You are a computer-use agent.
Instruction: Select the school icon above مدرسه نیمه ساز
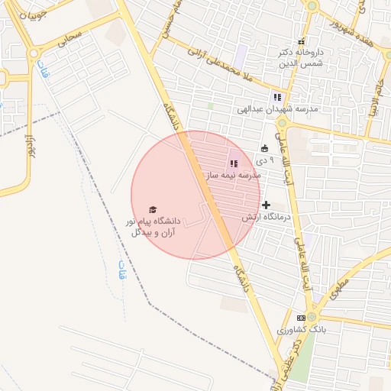(x=234, y=163)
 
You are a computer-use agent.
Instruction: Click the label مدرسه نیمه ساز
(x=232, y=176)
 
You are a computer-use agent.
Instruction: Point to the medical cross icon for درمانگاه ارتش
(x=266, y=205)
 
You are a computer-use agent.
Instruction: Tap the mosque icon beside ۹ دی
(x=264, y=149)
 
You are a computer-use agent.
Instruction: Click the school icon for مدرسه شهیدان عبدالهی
(x=277, y=97)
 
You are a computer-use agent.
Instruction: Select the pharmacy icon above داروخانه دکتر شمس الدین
(x=301, y=41)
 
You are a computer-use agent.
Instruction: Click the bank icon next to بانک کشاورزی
(x=301, y=318)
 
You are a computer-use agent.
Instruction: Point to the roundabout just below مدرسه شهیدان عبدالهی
(x=282, y=122)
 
